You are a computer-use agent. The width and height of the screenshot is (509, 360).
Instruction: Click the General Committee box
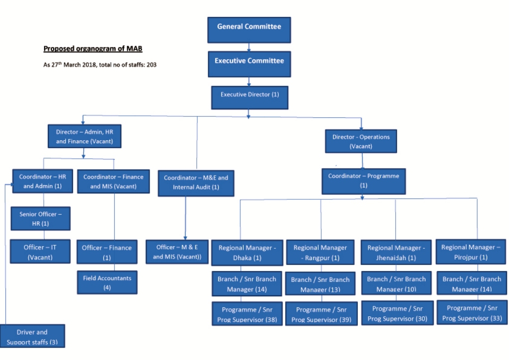tap(249, 30)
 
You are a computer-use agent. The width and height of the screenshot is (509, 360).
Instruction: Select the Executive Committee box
tap(250, 64)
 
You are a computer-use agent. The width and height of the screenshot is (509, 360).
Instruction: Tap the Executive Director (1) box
tap(250, 97)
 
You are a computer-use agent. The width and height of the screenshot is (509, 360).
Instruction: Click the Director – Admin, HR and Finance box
tap(85, 136)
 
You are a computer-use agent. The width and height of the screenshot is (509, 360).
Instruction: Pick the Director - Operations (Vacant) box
tap(361, 141)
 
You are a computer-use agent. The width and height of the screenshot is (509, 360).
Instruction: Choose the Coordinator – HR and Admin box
tap(43, 181)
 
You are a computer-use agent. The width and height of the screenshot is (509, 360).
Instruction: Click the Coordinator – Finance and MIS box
tap(113, 181)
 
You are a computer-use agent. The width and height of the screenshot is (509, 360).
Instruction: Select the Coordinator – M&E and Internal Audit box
tap(196, 183)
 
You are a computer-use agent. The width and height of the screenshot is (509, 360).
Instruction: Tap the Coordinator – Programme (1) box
tap(363, 181)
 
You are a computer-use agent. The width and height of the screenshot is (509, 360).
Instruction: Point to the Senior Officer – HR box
tap(41, 218)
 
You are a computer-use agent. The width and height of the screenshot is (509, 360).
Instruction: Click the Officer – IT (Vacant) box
tap(40, 252)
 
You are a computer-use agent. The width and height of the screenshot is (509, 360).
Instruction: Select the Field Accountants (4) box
tap(107, 282)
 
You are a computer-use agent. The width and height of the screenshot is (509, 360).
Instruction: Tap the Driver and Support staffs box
tap(32, 336)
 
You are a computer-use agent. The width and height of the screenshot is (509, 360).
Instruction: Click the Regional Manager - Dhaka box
tap(247, 253)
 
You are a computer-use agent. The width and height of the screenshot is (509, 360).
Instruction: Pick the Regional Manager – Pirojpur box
tap(471, 252)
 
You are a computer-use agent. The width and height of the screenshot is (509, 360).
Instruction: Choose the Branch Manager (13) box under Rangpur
tap(321, 283)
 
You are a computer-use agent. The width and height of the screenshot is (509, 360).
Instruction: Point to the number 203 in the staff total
tap(151, 65)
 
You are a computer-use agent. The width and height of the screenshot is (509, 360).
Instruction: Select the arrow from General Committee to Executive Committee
tap(249, 47)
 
